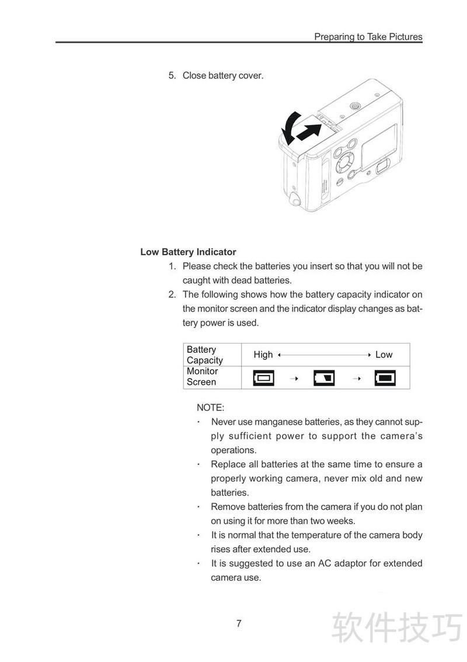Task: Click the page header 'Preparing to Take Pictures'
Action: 368,37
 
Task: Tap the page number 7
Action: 239,623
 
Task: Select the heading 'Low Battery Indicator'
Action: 188,252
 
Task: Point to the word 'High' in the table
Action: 263,355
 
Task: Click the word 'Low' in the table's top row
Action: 384,355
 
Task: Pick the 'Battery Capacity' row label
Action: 204,355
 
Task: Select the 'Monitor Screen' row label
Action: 202,376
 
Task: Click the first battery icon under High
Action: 263,377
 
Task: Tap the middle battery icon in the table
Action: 325,377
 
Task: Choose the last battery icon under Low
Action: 385,377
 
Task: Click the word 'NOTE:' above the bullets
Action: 210,407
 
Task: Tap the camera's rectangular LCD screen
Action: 379,144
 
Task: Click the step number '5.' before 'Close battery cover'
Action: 172,75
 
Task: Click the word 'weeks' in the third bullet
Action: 341,521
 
